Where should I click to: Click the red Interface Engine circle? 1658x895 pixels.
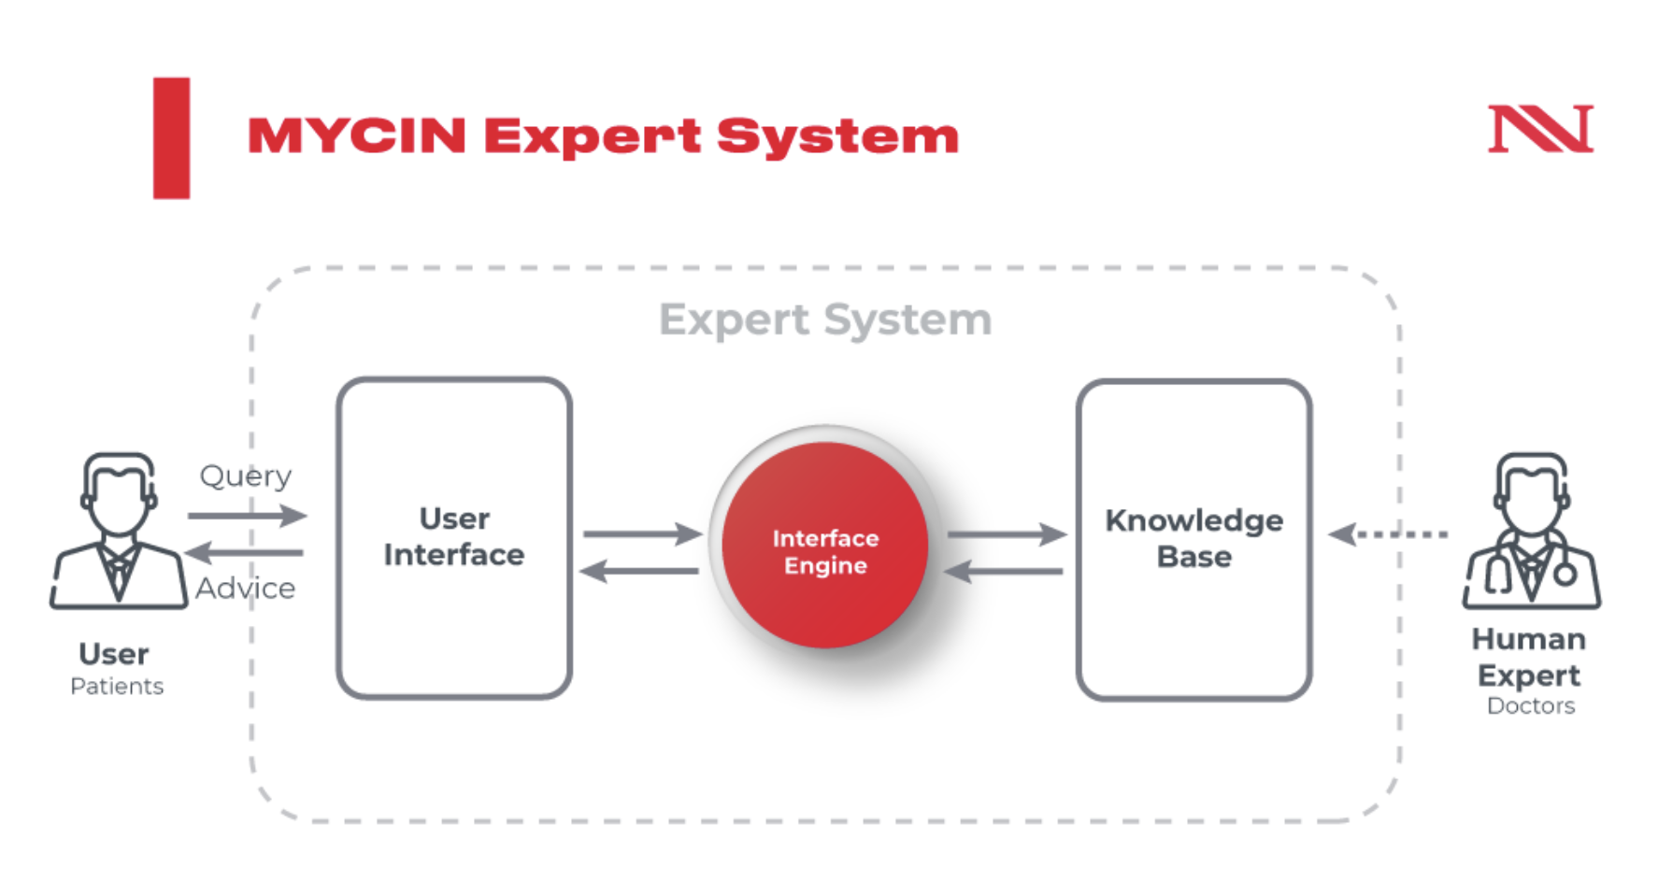tap(824, 546)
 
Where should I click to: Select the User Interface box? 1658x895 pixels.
tap(454, 538)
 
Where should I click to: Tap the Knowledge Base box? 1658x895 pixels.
tap(1193, 539)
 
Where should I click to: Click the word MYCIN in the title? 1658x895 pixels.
tap(357, 136)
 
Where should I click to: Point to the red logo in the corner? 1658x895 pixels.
tap(1540, 129)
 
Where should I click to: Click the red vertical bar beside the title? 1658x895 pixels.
tap(172, 138)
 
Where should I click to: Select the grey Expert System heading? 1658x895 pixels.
tap(824, 320)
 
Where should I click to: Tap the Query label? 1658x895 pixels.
tap(246, 476)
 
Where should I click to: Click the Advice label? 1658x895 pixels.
tap(246, 589)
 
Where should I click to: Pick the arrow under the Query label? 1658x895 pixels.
tap(247, 515)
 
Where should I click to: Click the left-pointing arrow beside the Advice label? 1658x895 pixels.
tap(245, 553)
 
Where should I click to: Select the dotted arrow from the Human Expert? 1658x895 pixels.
tap(1388, 534)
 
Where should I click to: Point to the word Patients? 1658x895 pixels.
tap(117, 687)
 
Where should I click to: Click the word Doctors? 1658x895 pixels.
tap(1531, 706)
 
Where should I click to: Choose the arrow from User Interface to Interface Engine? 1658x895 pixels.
tap(642, 533)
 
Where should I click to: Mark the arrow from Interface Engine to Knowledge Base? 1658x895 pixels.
tap(1007, 534)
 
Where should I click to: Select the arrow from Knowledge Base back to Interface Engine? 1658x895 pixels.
tap(1004, 571)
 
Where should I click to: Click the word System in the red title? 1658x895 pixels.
tap(837, 136)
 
